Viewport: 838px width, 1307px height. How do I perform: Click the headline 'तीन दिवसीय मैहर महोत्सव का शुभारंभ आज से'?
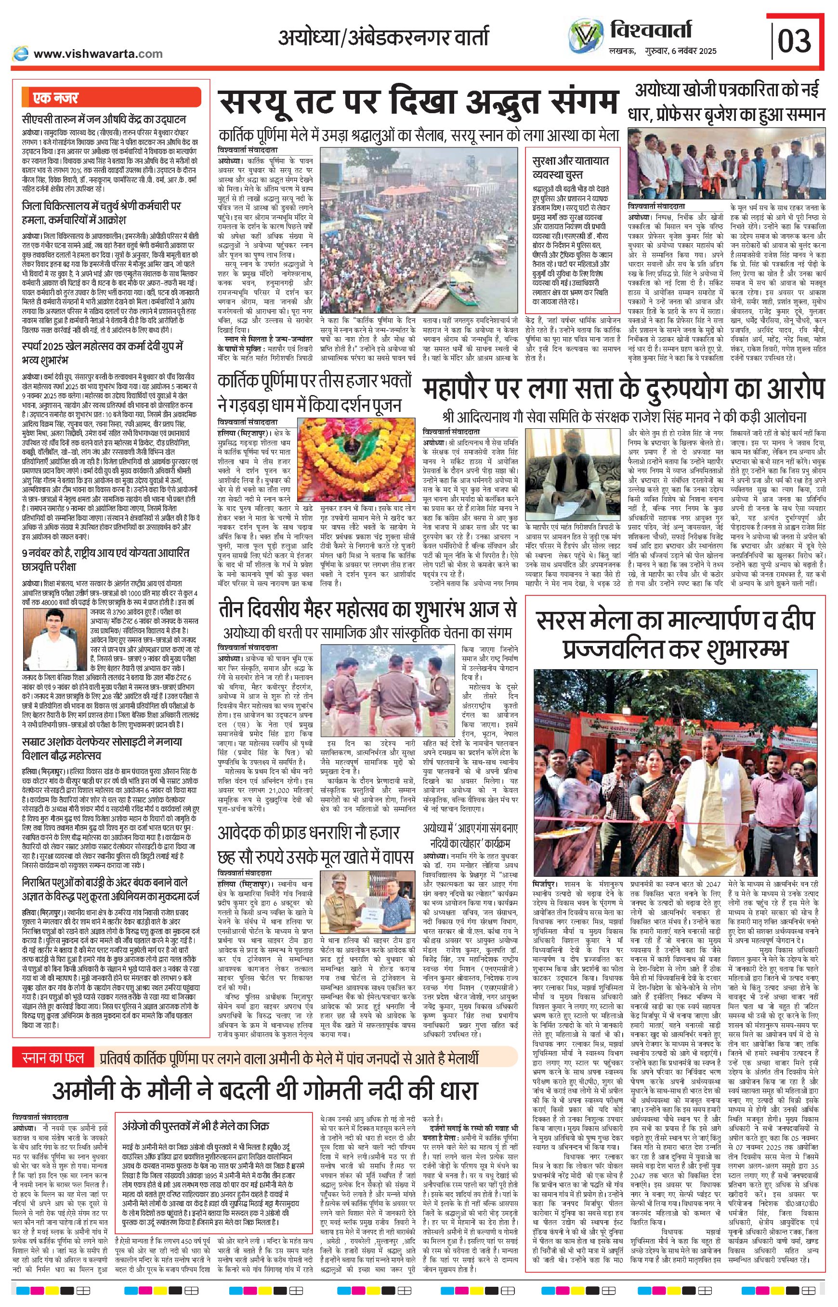367,610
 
